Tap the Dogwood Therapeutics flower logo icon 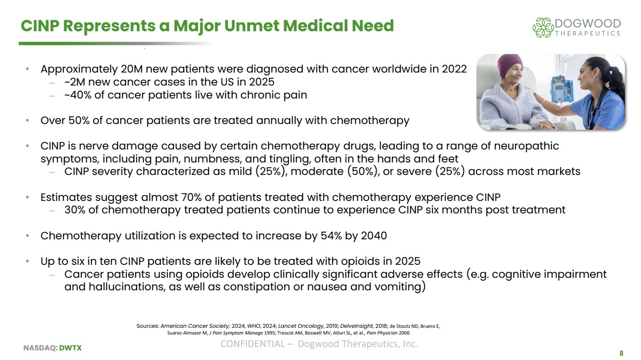(x=543, y=27)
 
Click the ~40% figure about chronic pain (x=78, y=95)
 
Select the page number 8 (x=621, y=353)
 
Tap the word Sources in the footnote (x=147, y=326)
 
